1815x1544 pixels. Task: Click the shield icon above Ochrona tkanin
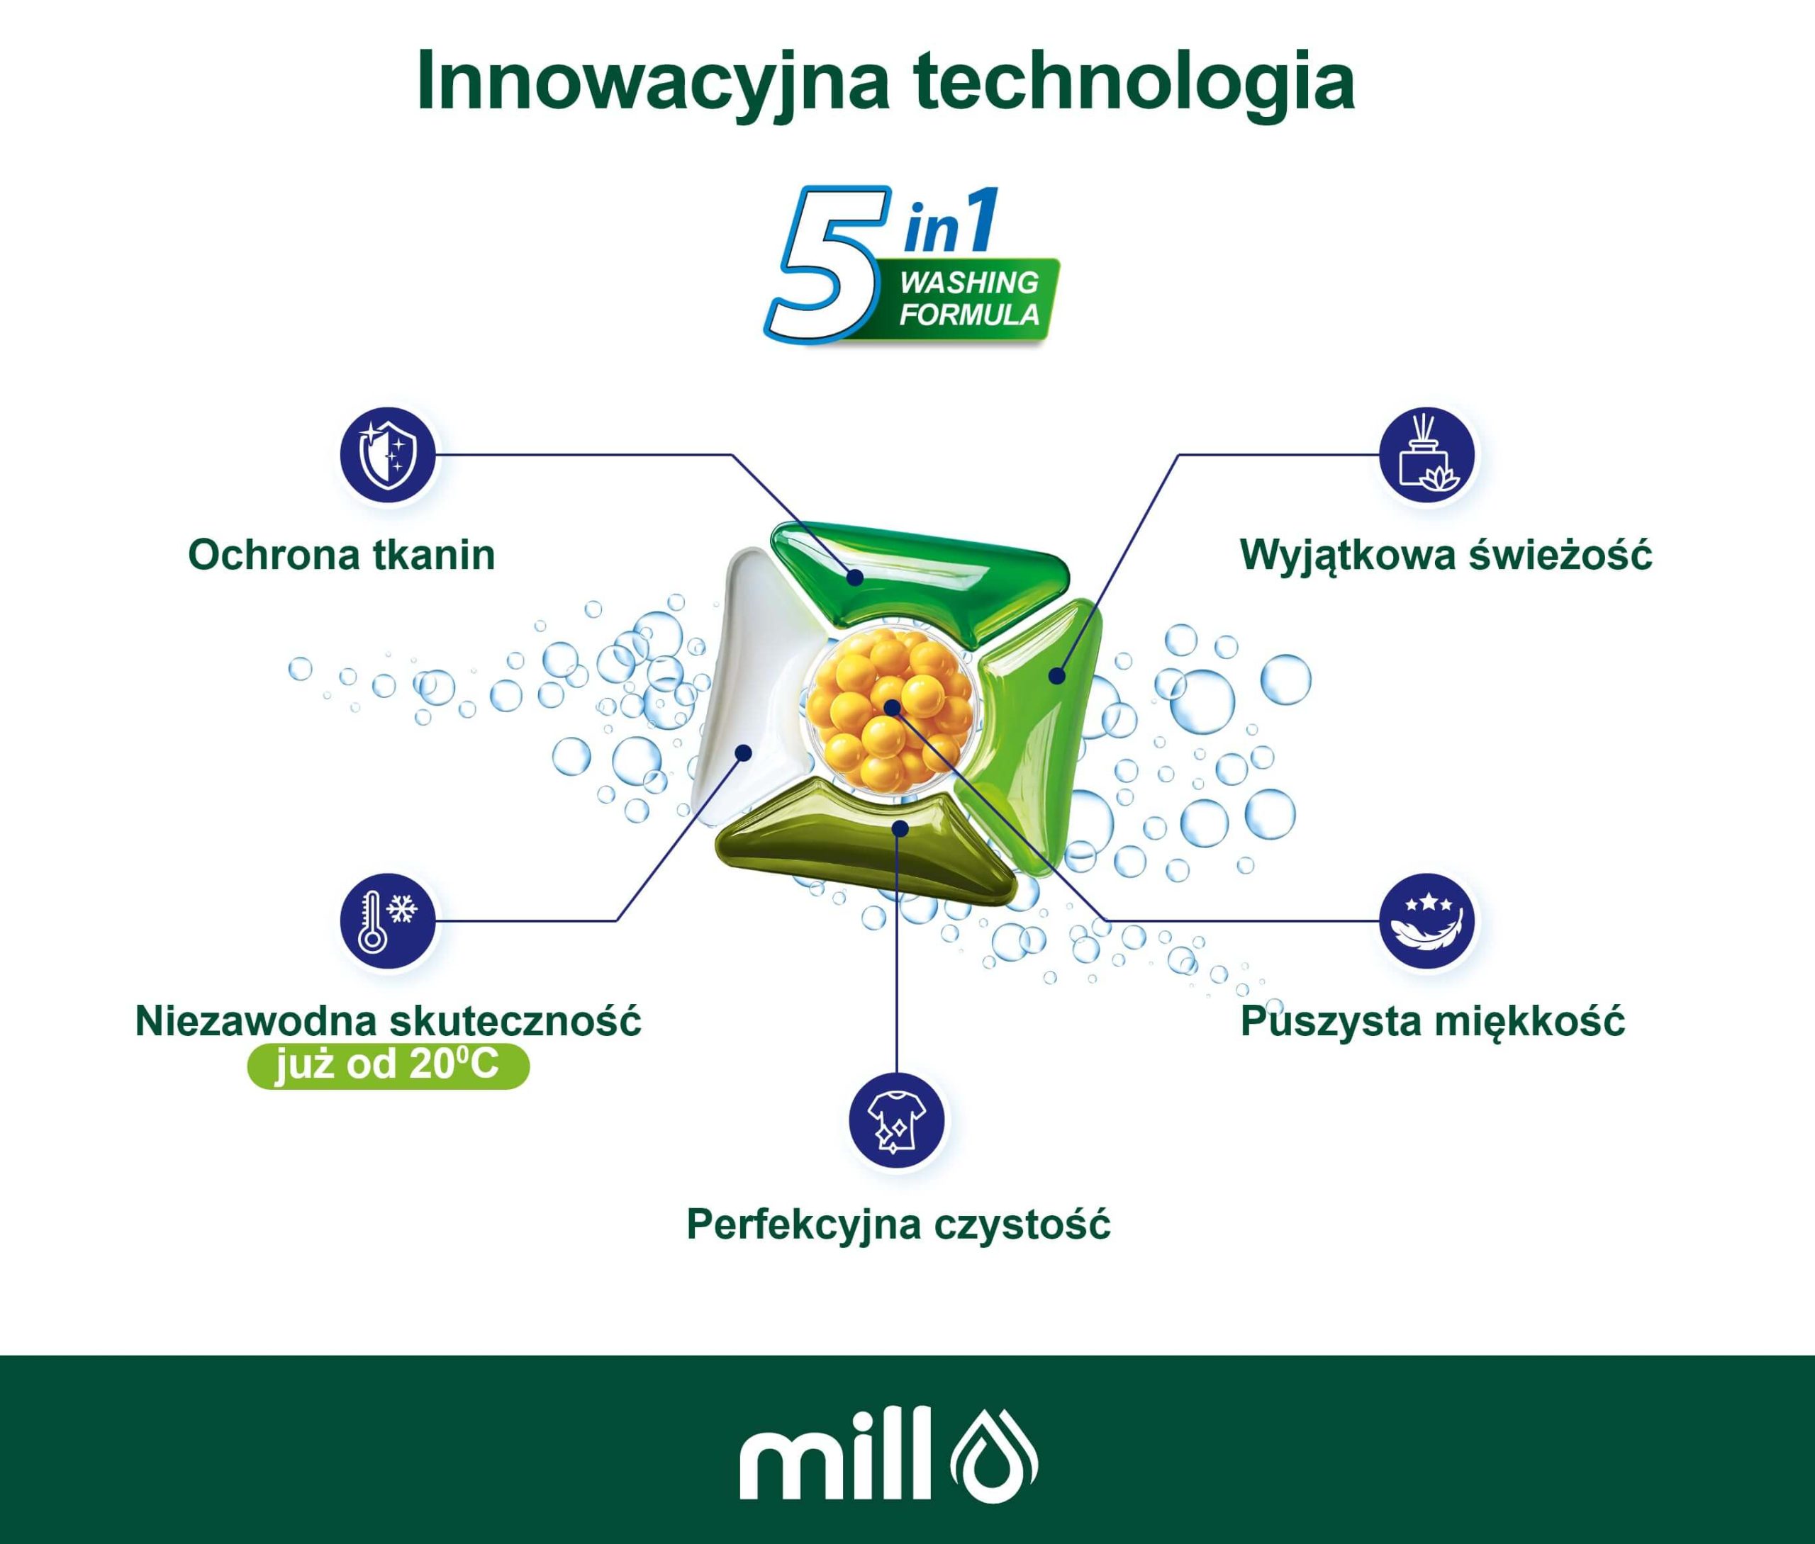pos(388,455)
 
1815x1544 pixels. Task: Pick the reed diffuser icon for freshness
pos(1427,455)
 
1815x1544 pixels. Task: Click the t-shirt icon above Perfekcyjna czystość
pos(898,1120)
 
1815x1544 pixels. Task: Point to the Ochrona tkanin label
pos(342,555)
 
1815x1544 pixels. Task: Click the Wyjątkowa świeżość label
pos(1446,554)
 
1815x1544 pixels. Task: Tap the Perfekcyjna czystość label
pos(898,1224)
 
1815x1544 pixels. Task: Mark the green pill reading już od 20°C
pos(389,1065)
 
